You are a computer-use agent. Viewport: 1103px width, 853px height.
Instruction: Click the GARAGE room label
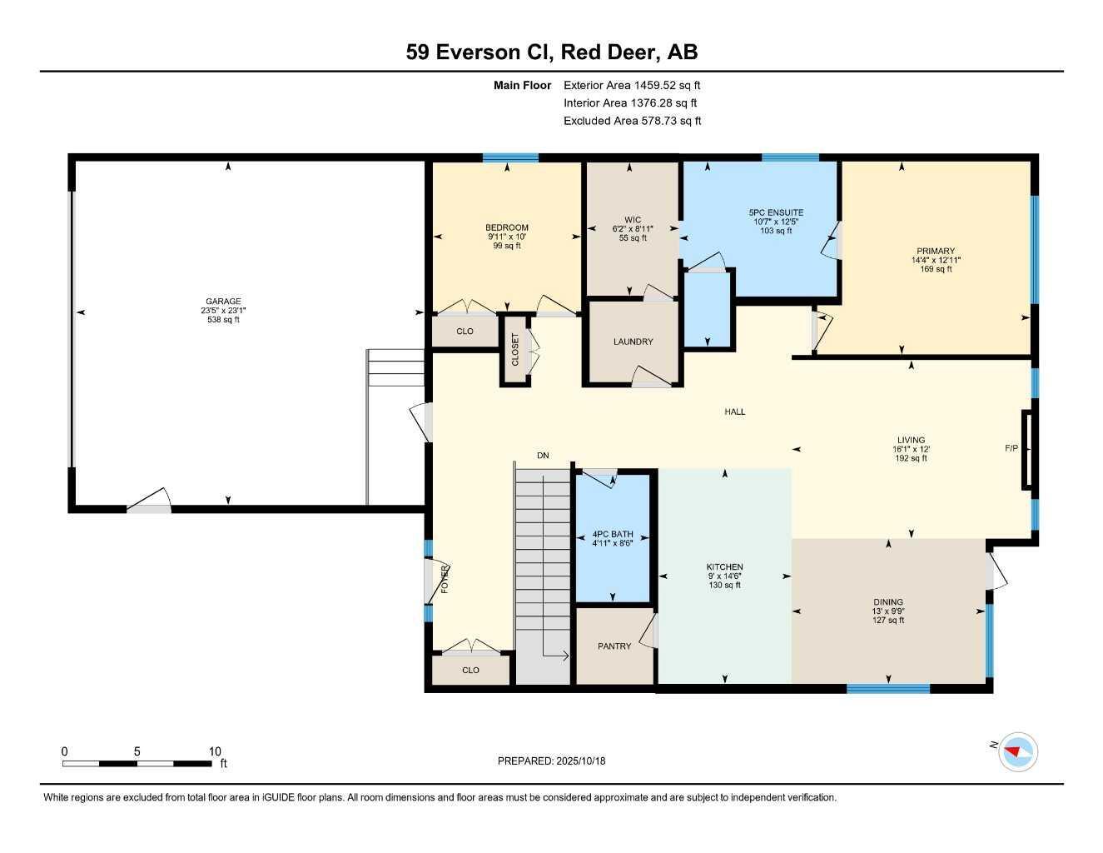pos(223,302)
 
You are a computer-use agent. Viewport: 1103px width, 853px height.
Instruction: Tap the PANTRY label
pos(614,646)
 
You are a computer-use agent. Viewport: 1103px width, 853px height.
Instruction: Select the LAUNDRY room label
pos(633,342)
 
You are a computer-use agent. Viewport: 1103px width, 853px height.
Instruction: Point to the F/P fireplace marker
pos(1011,448)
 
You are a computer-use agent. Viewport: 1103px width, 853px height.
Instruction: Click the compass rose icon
pos(1017,751)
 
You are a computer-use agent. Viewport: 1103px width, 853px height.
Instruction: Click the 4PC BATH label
pos(613,534)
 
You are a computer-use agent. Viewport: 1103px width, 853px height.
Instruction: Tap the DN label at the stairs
pos(543,456)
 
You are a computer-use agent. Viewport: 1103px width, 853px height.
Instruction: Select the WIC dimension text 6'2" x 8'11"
pos(633,229)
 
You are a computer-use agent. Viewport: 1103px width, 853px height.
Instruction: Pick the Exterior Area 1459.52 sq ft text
pos(632,85)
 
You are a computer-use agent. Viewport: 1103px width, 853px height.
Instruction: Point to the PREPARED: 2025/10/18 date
pos(551,761)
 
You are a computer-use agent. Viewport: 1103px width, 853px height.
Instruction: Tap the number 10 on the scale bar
pos(215,751)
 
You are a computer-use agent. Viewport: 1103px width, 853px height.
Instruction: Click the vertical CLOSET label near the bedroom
pos(515,350)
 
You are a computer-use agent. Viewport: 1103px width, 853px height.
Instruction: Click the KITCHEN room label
pos(724,566)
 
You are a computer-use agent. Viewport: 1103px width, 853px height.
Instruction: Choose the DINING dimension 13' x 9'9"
pos(888,611)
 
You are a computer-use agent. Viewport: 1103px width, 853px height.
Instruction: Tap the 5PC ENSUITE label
pos(776,212)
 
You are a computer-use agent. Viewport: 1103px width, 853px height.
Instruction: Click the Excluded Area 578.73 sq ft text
pos(632,121)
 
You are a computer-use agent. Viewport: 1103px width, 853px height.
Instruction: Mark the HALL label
pos(734,412)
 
